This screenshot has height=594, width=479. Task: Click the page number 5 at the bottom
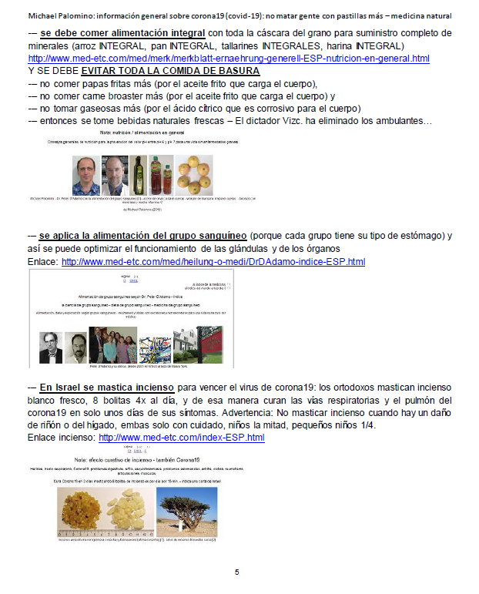(237, 572)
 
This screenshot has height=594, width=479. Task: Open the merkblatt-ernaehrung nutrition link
(229, 59)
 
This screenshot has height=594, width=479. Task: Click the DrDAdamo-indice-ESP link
(213, 262)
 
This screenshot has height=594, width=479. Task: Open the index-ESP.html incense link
(182, 438)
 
